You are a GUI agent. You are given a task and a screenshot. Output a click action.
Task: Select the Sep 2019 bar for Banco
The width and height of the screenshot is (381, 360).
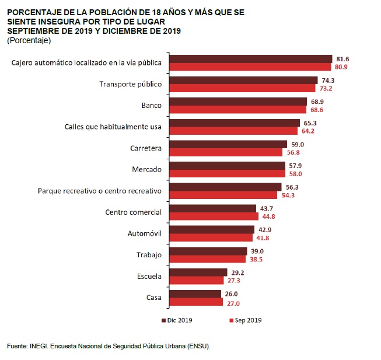coord(237,109)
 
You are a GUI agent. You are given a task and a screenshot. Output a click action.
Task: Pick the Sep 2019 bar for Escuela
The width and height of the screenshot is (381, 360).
coord(197,280)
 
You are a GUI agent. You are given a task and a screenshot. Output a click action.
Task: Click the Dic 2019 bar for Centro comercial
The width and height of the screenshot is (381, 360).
coord(212,208)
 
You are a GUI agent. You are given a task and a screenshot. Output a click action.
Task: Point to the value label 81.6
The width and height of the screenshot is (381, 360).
coord(342,59)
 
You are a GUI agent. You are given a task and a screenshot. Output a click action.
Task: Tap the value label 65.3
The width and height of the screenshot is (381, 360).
coord(310,123)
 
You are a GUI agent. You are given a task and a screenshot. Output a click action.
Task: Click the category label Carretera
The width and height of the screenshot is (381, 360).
coord(146,148)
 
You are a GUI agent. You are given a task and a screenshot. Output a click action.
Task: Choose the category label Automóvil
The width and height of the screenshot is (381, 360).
coord(145,234)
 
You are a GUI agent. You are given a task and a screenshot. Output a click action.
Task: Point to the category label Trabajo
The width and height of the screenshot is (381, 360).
coord(148,255)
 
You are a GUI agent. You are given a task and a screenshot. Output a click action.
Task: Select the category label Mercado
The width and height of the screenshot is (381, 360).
coord(147,170)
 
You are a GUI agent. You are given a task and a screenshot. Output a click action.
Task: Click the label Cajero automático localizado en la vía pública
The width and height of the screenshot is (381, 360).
coord(86,63)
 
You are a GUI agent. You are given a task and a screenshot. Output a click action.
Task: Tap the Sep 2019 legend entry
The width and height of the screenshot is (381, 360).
coord(246,320)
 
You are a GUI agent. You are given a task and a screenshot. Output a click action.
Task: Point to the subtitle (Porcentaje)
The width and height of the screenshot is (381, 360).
coord(29,40)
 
